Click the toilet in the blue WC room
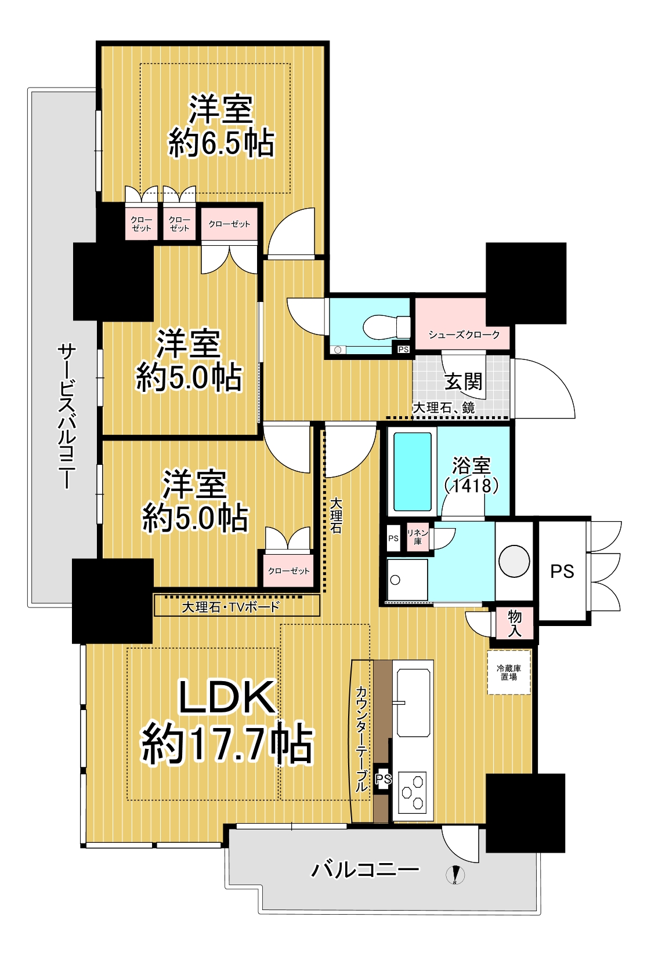point(386,327)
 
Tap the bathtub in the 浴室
point(413,472)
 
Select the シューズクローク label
point(464,335)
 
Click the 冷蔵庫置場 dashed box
point(509,672)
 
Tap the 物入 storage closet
point(515,623)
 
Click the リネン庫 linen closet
point(417,537)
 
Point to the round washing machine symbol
point(514,561)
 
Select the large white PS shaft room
point(562,571)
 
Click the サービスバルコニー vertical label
point(67,417)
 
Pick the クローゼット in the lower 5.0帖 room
point(289,570)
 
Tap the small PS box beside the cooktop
point(383,779)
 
